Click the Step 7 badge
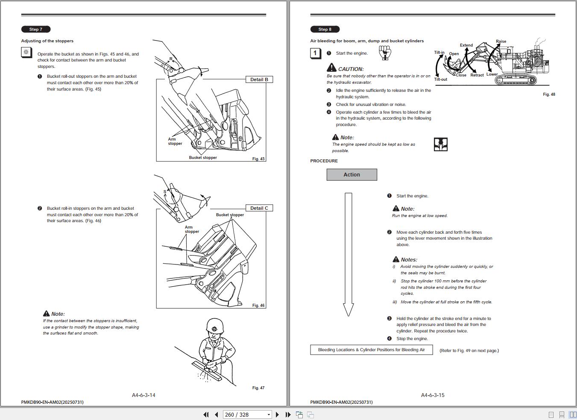click(x=36, y=29)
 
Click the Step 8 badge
click(x=325, y=29)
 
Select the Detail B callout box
click(x=259, y=79)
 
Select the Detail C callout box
click(x=259, y=208)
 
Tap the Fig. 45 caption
click(x=258, y=159)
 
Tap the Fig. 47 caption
click(x=258, y=388)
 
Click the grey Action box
click(x=351, y=175)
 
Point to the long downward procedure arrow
click(x=348, y=254)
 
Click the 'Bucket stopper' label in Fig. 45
click(x=203, y=158)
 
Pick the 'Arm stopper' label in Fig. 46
click(x=192, y=229)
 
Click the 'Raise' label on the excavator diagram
click(x=501, y=41)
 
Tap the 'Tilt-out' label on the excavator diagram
click(x=440, y=79)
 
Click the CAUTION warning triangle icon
click(x=331, y=68)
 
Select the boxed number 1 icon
click(x=315, y=53)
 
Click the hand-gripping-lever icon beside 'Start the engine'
click(x=385, y=53)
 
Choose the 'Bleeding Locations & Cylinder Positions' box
click(x=371, y=350)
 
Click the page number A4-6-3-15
click(x=433, y=395)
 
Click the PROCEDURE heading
click(x=324, y=161)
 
